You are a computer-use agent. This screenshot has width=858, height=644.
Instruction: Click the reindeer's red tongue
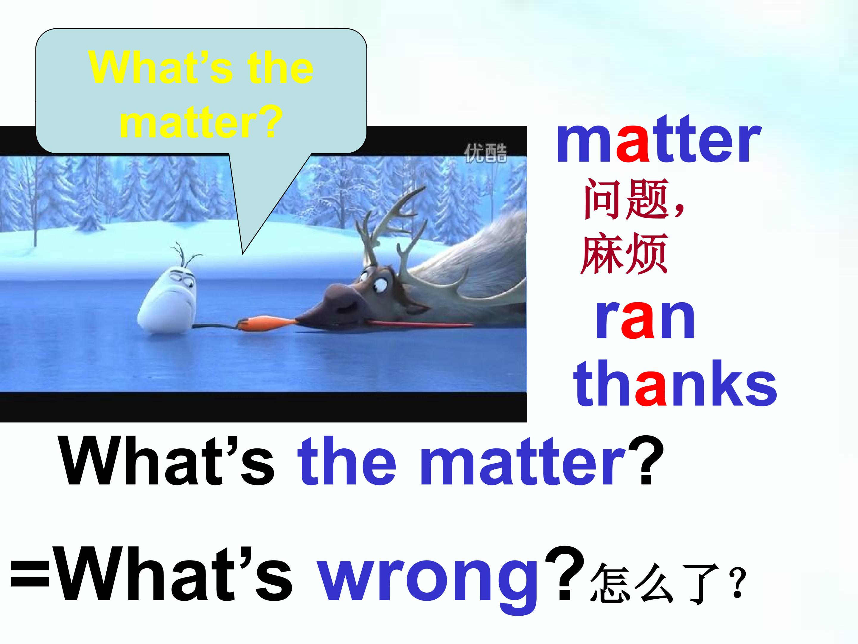coord(419,324)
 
